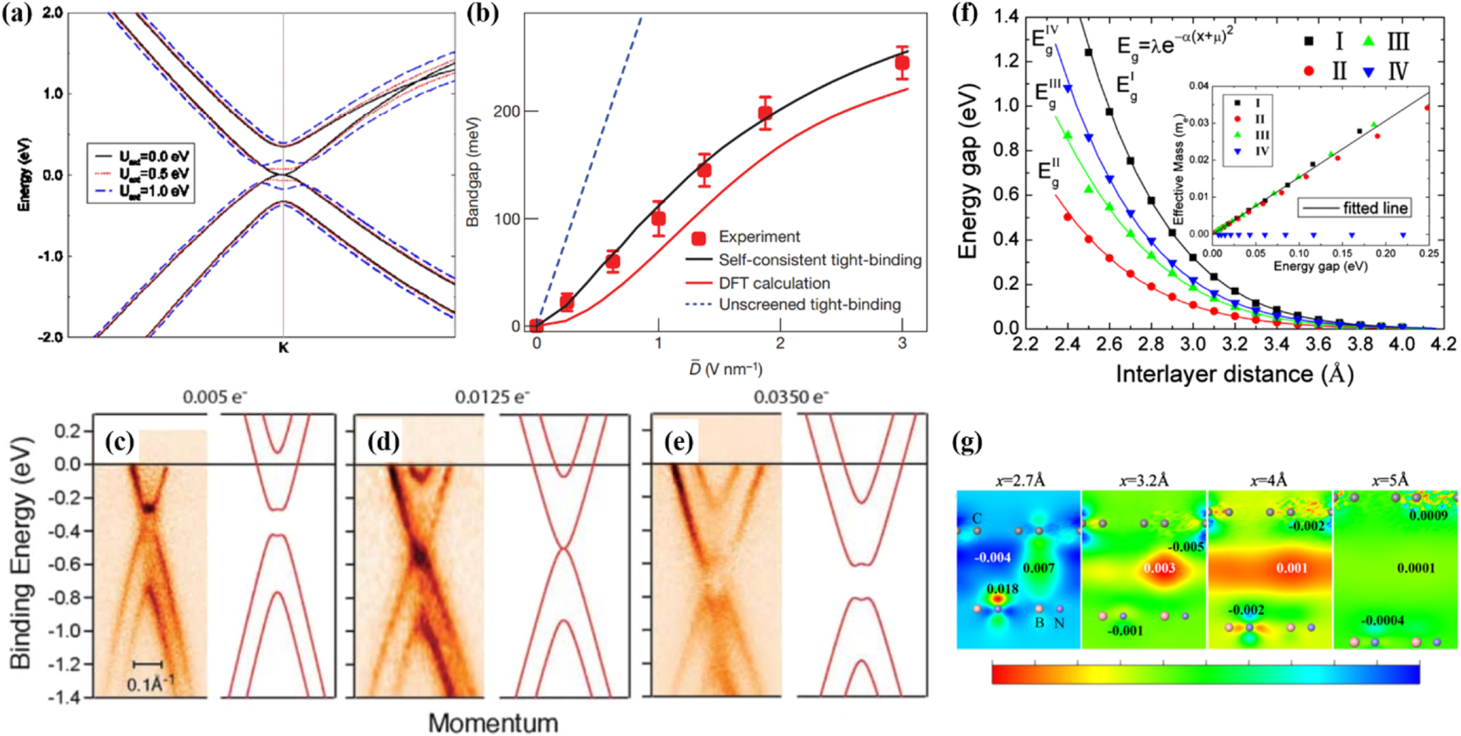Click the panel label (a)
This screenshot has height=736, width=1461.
17,14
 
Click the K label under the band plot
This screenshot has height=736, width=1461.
283,348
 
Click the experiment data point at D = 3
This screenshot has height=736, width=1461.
902,63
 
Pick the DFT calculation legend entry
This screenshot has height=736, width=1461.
774,283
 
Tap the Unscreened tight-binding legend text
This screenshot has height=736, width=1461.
809,305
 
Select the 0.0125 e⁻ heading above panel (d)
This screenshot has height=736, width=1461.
491,397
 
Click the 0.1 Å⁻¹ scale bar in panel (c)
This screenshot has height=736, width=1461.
148,664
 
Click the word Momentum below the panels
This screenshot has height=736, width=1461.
493,723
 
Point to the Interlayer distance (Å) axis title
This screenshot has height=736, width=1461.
1234,374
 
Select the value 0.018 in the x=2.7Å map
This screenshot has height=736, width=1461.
1001,589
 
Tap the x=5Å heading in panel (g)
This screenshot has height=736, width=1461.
1390,481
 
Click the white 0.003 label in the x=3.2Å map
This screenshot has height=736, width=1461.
1158,568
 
